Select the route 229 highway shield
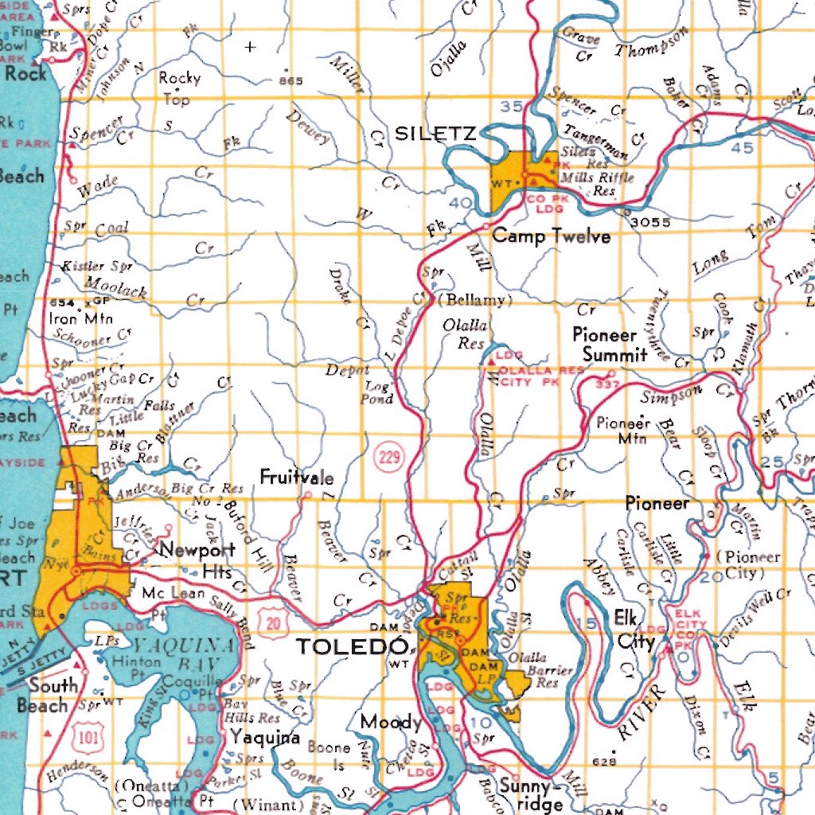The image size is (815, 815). click(x=389, y=457)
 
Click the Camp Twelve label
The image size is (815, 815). click(x=551, y=236)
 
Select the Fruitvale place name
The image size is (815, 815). click(x=297, y=478)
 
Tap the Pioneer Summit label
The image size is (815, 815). click(x=610, y=345)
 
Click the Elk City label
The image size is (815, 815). click(x=634, y=630)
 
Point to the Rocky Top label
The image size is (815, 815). click(x=179, y=88)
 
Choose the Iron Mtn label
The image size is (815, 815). click(x=81, y=319)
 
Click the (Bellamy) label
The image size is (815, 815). click(x=475, y=300)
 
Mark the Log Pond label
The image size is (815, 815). click(x=378, y=392)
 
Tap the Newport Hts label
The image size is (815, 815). click(x=197, y=560)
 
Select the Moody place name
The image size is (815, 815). click(x=391, y=722)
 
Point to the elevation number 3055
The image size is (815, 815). click(x=650, y=223)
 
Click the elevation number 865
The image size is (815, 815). click(x=291, y=81)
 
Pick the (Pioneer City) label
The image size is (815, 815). click(x=748, y=564)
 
